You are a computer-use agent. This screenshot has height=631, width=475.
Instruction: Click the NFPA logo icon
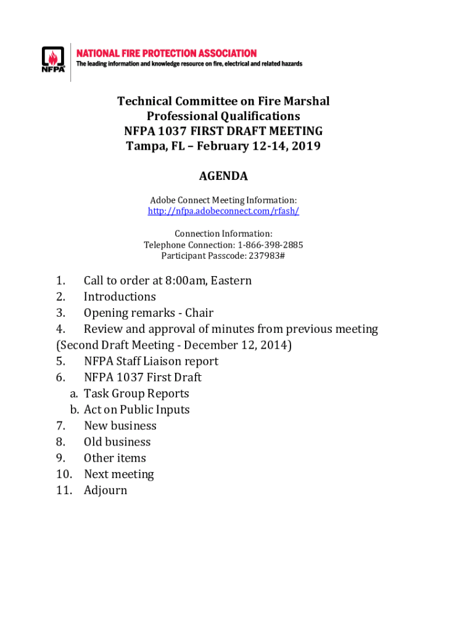click(x=53, y=60)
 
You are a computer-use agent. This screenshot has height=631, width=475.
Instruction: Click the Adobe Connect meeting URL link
click(x=223, y=211)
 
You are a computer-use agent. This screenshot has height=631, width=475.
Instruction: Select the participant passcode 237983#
click(x=265, y=256)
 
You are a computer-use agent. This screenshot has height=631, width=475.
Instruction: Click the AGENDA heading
click(x=223, y=176)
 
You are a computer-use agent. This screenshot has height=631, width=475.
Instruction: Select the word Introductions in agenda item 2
click(x=120, y=297)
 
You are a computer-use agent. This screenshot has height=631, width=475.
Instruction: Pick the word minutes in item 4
click(x=234, y=329)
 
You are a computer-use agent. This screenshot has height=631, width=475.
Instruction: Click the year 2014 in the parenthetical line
click(x=274, y=345)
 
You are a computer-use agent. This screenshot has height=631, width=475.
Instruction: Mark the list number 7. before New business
click(x=60, y=426)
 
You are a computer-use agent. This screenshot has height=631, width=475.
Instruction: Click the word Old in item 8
click(x=94, y=442)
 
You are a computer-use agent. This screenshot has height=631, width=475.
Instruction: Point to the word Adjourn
click(x=105, y=491)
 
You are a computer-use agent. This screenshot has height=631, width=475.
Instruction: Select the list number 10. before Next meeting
click(x=64, y=474)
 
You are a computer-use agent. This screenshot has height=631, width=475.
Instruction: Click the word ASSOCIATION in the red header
click(x=224, y=54)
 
